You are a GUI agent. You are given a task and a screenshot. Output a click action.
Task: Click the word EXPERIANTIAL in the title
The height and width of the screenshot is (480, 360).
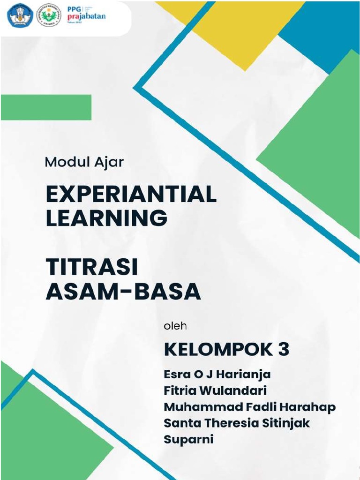(x=131, y=194)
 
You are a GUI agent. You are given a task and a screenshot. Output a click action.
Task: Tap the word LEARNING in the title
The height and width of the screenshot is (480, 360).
(x=106, y=218)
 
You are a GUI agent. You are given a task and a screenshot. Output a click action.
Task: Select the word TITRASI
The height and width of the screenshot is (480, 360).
(x=92, y=268)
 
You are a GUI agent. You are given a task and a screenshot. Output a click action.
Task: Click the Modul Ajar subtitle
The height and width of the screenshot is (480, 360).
(x=84, y=162)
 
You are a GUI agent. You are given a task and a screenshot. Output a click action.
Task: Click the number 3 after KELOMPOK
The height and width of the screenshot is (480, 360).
(x=283, y=350)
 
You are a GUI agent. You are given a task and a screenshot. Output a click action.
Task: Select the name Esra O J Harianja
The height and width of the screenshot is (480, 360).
(x=217, y=375)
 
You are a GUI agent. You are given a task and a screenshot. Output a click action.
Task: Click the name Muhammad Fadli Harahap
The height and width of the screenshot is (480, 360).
(x=249, y=407)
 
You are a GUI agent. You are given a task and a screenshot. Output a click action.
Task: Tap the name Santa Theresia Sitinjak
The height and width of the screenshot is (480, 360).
(x=237, y=423)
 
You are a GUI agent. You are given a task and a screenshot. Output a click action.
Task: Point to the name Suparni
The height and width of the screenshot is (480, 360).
(x=188, y=439)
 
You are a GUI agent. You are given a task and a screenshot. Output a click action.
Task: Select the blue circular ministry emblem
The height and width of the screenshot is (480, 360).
(x=20, y=15)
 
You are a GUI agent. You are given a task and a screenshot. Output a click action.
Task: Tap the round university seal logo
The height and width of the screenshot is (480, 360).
(x=49, y=15)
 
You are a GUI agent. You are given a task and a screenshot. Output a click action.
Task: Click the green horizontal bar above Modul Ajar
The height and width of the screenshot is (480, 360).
(x=46, y=107)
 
